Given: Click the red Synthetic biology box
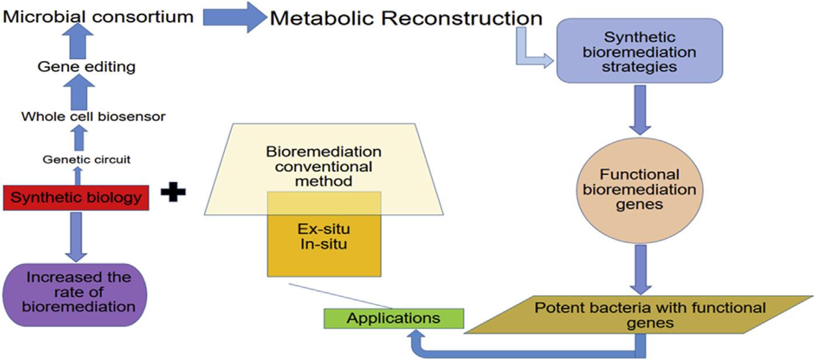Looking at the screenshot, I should pos(76,198).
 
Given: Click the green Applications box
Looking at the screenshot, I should pos(394,319).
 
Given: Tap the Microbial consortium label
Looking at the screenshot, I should pos(98,16).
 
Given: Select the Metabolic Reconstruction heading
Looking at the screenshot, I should pos(405,19).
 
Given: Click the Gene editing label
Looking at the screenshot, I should pos(86,67).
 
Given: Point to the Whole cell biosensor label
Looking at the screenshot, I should pos(93,116).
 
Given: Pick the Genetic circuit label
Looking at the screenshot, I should pos(86,159).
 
